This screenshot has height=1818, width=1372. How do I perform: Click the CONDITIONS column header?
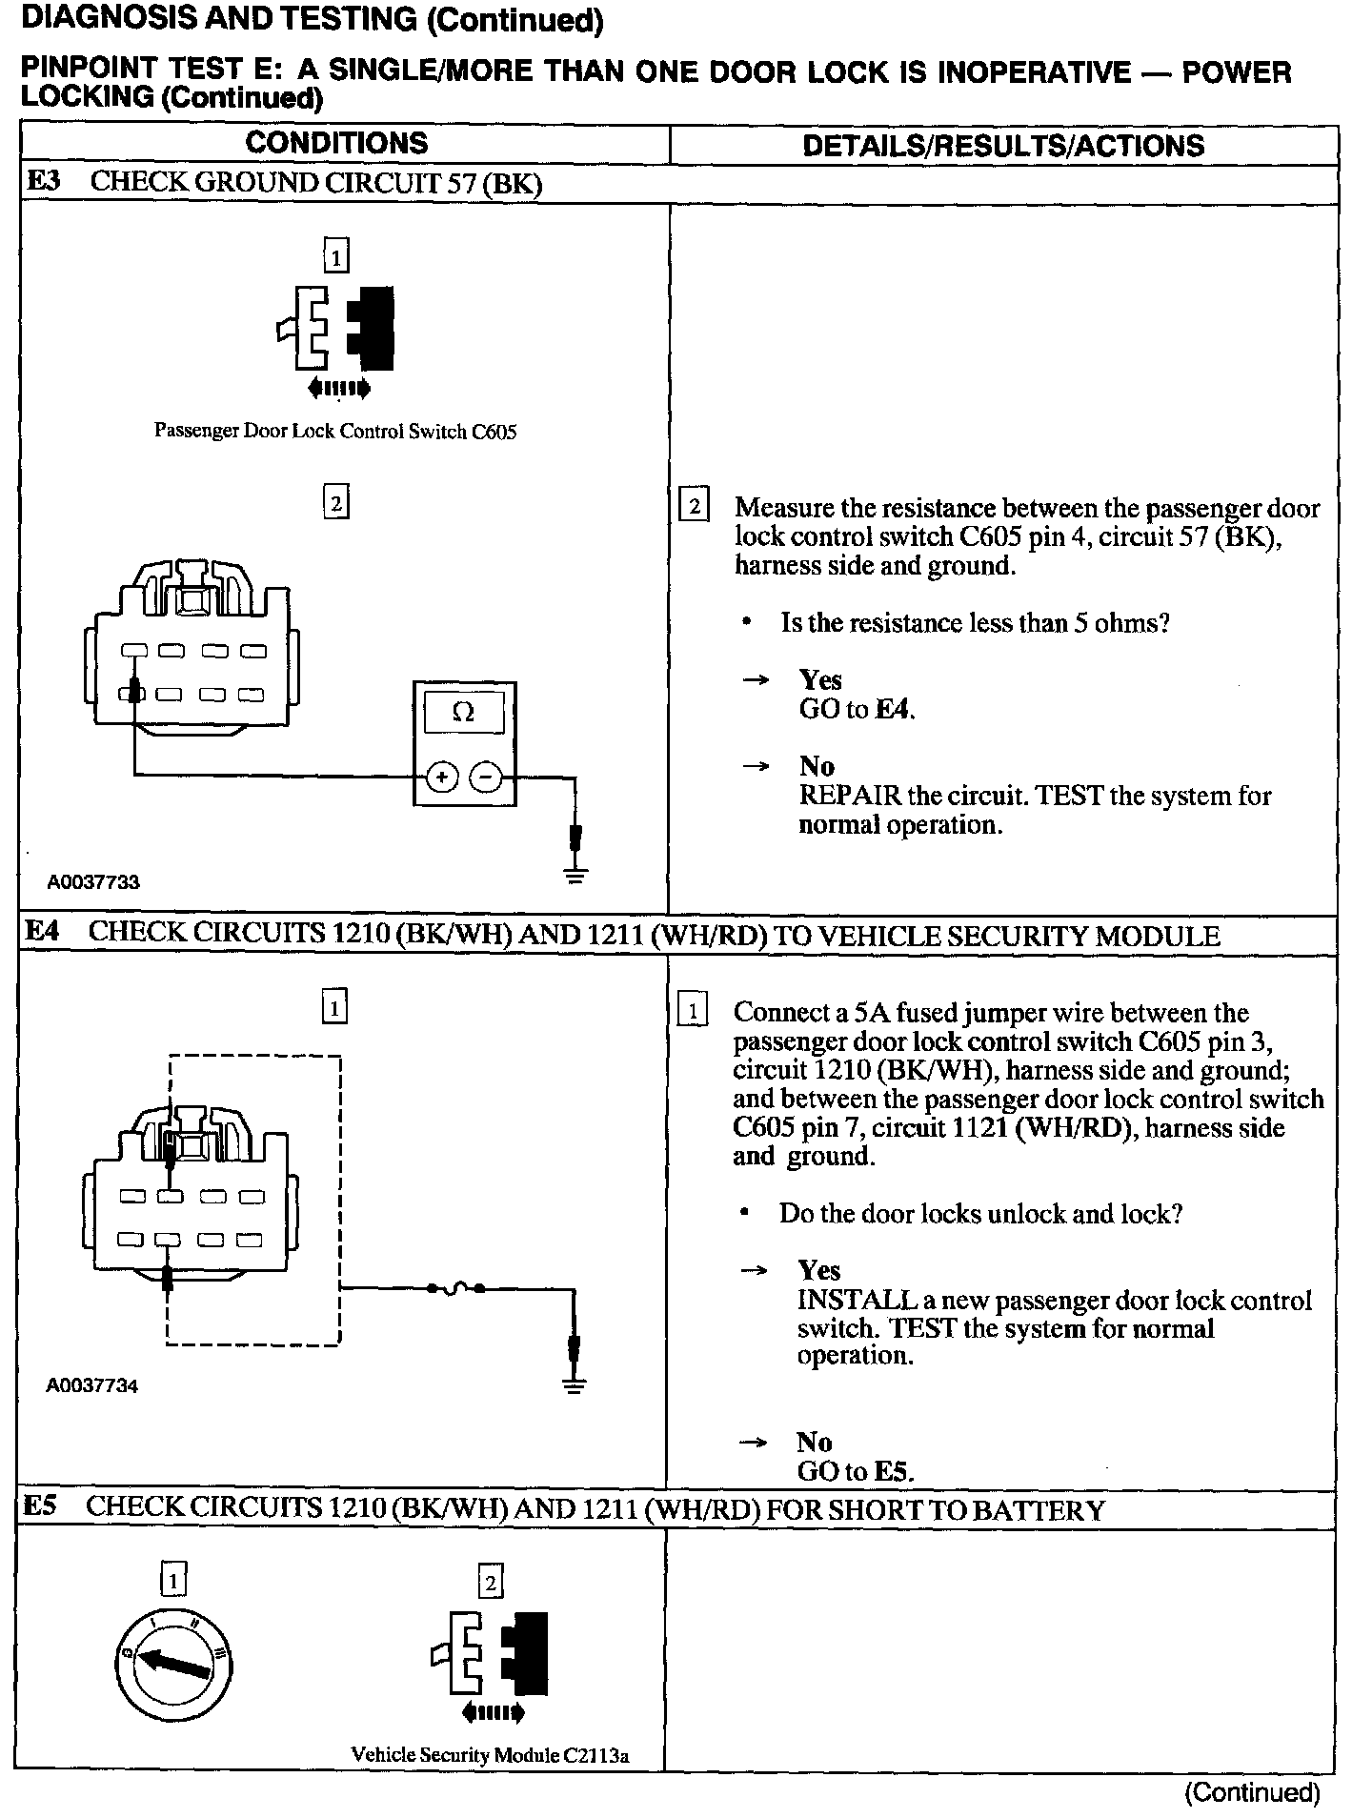(x=336, y=143)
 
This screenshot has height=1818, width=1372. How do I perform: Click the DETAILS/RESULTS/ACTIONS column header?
(x=1002, y=146)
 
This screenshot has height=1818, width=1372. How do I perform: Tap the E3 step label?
(x=42, y=182)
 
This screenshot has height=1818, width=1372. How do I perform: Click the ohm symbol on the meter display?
(x=464, y=712)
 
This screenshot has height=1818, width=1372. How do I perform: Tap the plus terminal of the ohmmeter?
(x=441, y=778)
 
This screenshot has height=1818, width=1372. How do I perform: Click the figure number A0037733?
(x=93, y=882)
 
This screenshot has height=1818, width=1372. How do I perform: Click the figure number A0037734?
(x=92, y=1385)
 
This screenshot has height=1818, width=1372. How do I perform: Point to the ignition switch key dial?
(x=173, y=1666)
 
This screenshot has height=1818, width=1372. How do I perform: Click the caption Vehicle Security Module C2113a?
(x=491, y=1755)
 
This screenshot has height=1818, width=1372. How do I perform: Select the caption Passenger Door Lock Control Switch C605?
(x=335, y=432)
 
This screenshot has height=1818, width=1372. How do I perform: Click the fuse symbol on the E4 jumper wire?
(x=455, y=1288)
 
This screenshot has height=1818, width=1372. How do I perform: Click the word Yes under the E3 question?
(x=820, y=679)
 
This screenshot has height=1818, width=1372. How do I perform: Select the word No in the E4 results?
(x=815, y=1442)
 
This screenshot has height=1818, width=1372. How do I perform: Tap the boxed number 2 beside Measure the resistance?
(x=694, y=506)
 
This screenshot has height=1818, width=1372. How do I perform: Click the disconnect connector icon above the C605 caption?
(x=336, y=329)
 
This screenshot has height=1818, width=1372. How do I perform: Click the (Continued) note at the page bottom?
(x=1252, y=1792)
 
